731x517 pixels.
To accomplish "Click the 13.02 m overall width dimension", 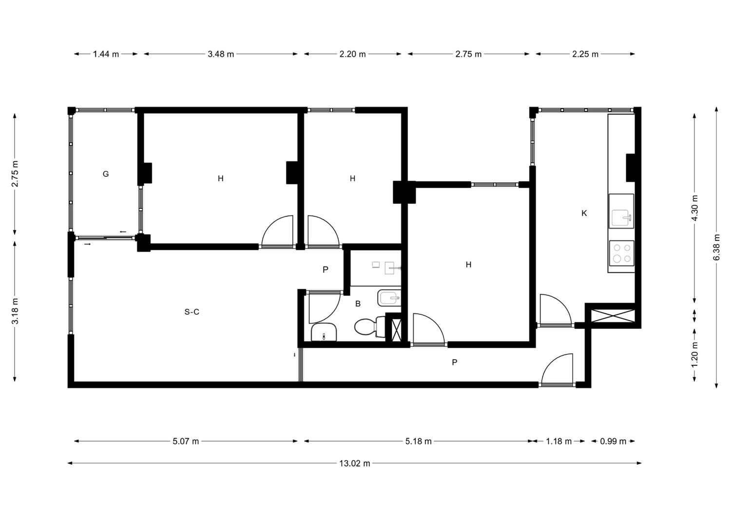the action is click(x=354, y=463).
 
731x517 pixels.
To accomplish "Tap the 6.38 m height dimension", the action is click(x=717, y=247).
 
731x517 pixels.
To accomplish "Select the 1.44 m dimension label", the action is click(x=106, y=54).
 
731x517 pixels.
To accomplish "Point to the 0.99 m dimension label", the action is click(x=613, y=441).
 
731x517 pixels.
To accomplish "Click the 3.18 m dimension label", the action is click(x=15, y=311).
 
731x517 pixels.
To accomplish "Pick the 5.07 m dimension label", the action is click(x=186, y=441).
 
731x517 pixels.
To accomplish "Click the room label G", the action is click(x=106, y=174).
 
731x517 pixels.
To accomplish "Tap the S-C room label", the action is click(x=192, y=312).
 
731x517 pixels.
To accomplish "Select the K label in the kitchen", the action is click(x=584, y=213).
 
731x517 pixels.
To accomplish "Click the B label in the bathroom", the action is click(x=358, y=304).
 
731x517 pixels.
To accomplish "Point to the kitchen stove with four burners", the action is click(x=622, y=253).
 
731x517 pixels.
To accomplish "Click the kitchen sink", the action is click(x=621, y=211).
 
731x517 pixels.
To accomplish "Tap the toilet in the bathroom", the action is click(x=370, y=326).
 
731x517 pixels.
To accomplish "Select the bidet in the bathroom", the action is click(x=389, y=298).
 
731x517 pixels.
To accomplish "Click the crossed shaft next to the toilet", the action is click(x=397, y=330).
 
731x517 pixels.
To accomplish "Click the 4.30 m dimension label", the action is click(x=694, y=208).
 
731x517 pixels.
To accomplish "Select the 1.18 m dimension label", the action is click(x=558, y=441).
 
